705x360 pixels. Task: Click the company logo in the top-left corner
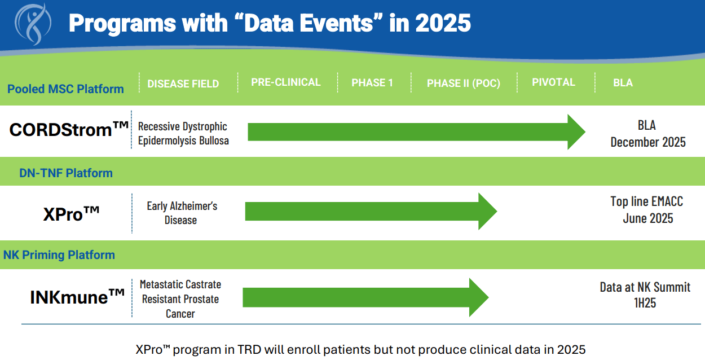(33, 24)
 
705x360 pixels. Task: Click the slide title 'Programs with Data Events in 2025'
(270, 24)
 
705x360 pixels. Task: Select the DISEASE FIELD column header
(183, 84)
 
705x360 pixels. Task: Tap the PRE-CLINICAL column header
(286, 82)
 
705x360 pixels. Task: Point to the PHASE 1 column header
(372, 83)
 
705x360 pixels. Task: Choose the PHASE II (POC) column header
(463, 84)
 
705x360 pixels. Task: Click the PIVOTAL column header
(553, 82)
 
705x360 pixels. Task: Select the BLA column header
(623, 83)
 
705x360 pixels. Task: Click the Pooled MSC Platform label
(65, 89)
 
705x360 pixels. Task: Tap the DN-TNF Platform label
(66, 173)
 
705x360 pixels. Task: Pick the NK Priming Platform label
(59, 255)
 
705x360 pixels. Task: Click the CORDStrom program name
(69, 130)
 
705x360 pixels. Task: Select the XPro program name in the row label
(71, 214)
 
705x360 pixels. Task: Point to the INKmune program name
(77, 296)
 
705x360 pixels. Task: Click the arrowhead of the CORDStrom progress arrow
(576, 132)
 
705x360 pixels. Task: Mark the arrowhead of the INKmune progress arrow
(478, 297)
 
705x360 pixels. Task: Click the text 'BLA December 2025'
(647, 134)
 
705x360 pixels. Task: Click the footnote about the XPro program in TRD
(360, 349)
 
